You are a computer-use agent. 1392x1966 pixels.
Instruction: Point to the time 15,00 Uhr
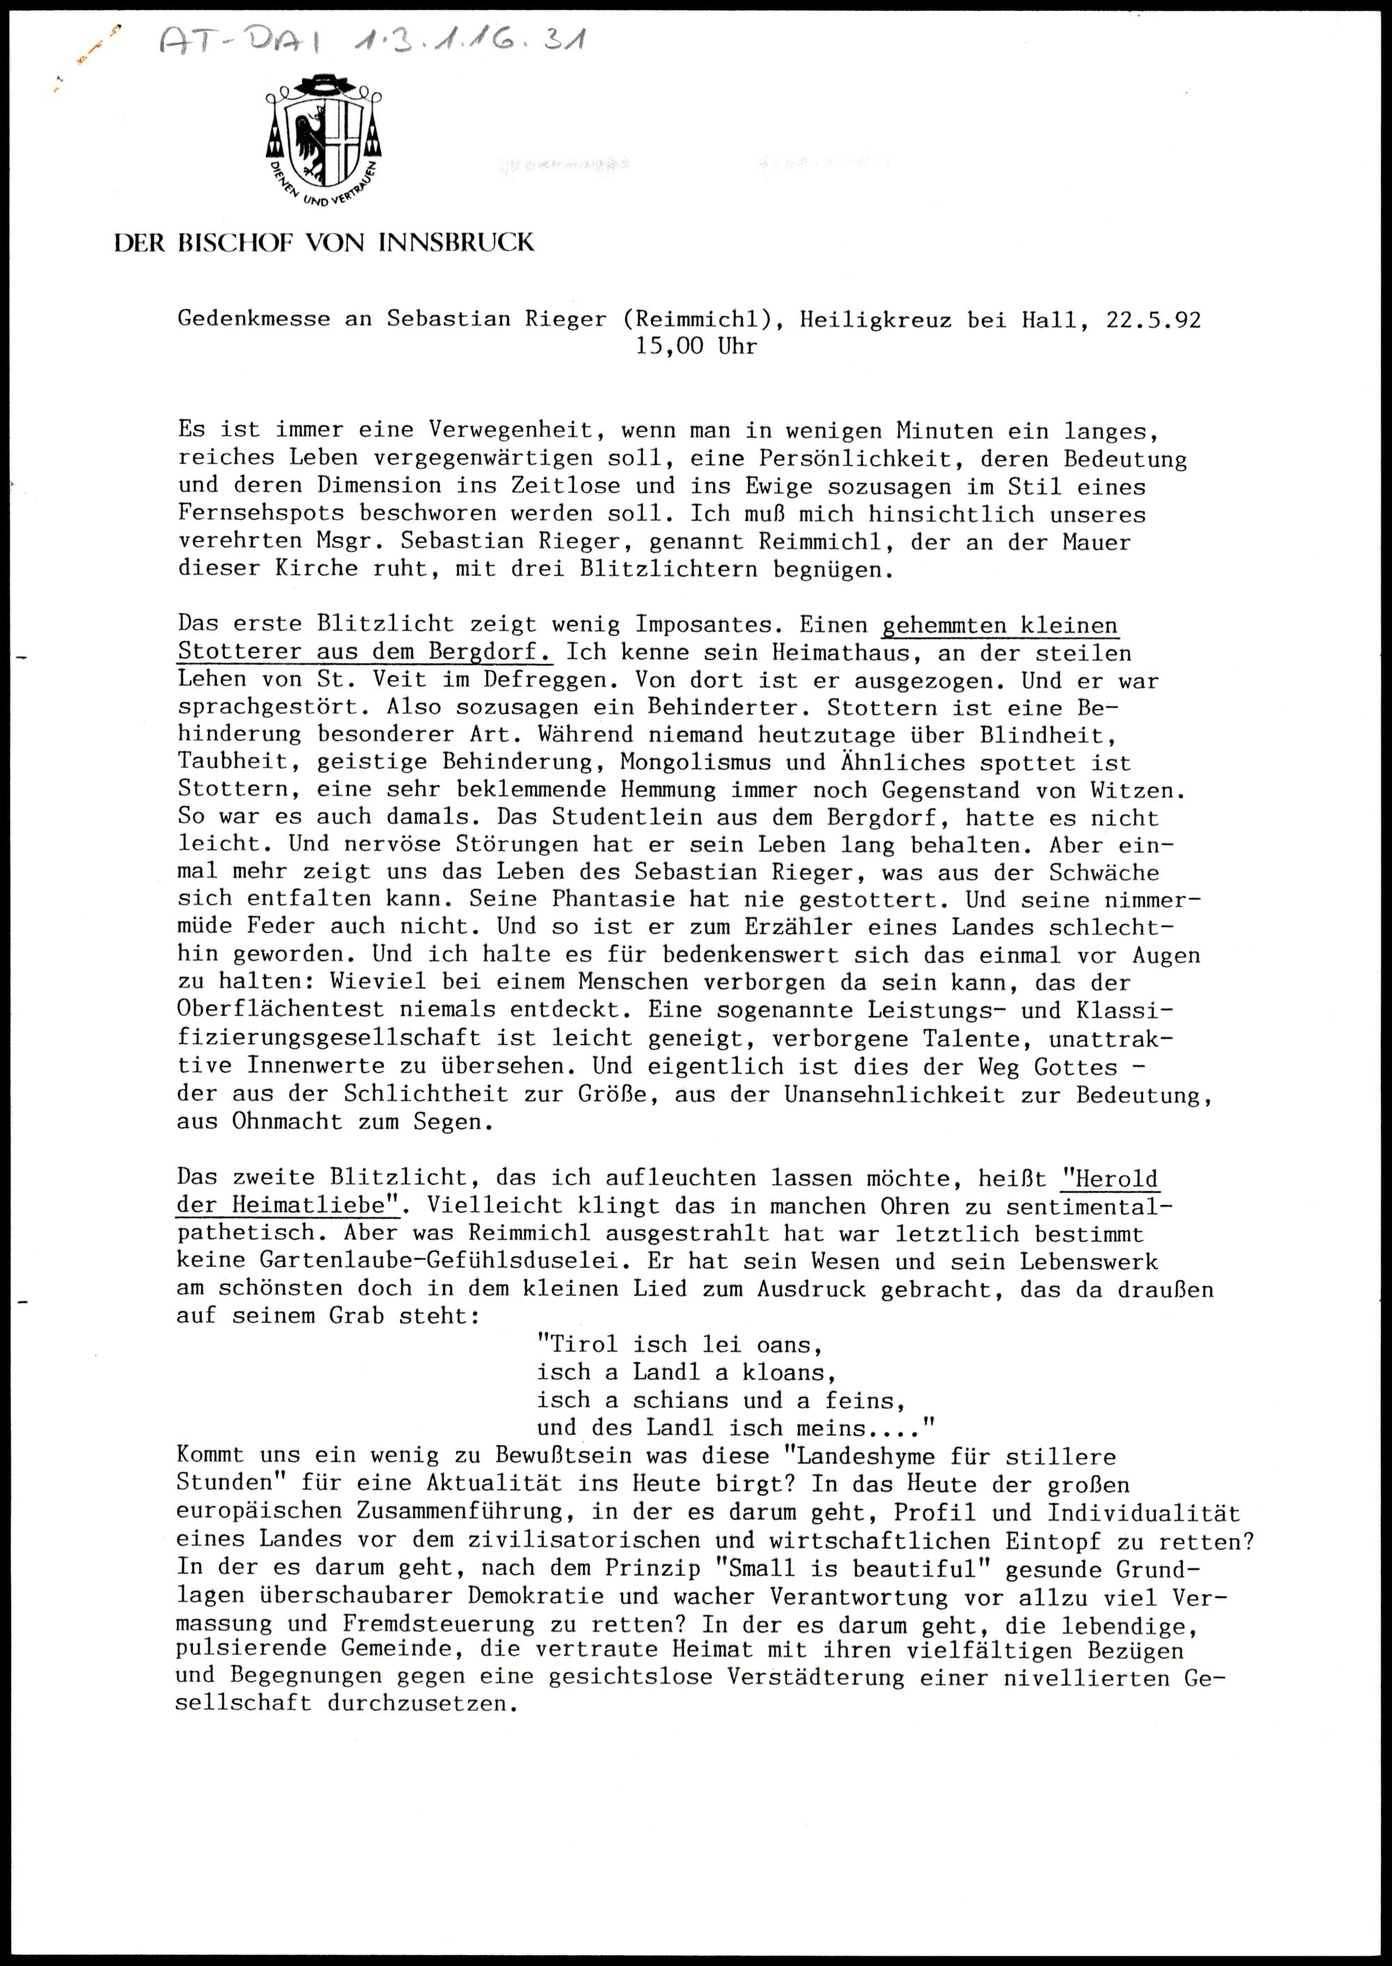tap(696, 347)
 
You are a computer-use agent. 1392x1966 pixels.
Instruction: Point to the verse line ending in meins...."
tap(734, 1428)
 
